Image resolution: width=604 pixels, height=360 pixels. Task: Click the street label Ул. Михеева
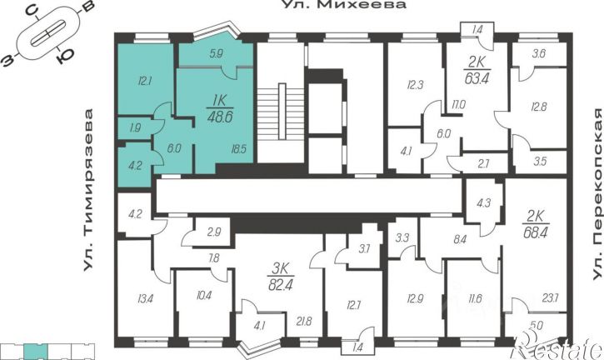point(344,5)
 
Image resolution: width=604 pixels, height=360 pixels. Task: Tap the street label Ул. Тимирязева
point(89,190)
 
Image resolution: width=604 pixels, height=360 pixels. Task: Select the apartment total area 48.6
point(220,117)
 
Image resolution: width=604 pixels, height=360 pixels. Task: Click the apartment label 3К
point(281,268)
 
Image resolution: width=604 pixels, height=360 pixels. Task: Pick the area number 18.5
point(239,149)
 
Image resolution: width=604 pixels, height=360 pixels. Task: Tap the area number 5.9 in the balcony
point(217,53)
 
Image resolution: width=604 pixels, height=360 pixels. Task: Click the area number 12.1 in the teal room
point(144,82)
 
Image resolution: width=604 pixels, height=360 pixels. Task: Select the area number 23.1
point(550,297)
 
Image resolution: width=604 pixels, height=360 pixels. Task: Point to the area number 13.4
point(145,298)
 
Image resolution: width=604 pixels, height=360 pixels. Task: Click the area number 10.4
point(204,296)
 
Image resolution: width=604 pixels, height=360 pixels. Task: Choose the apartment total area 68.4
point(536,232)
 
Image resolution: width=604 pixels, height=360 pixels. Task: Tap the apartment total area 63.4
point(477,78)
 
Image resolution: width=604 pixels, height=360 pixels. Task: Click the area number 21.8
point(304,321)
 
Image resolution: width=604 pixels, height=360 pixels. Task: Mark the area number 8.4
point(460,240)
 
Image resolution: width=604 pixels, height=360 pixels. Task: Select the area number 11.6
point(475,298)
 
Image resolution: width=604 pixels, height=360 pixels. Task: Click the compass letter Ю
point(62,57)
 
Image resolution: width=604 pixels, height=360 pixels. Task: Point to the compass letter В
point(88,7)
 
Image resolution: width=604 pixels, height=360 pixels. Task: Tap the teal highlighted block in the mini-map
point(36,351)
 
